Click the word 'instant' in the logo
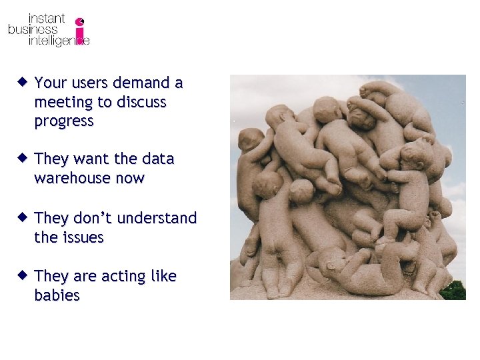point(46,18)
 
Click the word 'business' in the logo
point(33,29)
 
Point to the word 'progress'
point(64,121)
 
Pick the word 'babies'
point(57,295)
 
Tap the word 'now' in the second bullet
point(131,179)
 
